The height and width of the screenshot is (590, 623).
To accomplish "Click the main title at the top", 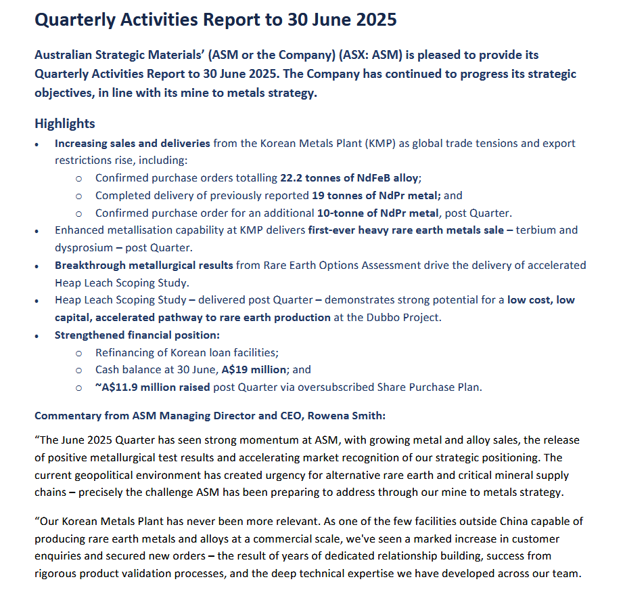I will (x=215, y=20).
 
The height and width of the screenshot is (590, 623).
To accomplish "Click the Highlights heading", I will (x=65, y=123).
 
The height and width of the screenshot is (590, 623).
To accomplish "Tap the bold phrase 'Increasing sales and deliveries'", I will (x=133, y=144).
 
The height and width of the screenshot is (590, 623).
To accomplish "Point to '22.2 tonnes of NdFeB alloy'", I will (x=350, y=178).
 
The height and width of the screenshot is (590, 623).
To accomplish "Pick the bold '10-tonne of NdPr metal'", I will (x=384, y=213).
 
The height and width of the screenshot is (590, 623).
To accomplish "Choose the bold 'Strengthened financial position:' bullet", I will (x=137, y=335).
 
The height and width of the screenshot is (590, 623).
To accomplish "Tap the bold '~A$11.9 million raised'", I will (x=153, y=387).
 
